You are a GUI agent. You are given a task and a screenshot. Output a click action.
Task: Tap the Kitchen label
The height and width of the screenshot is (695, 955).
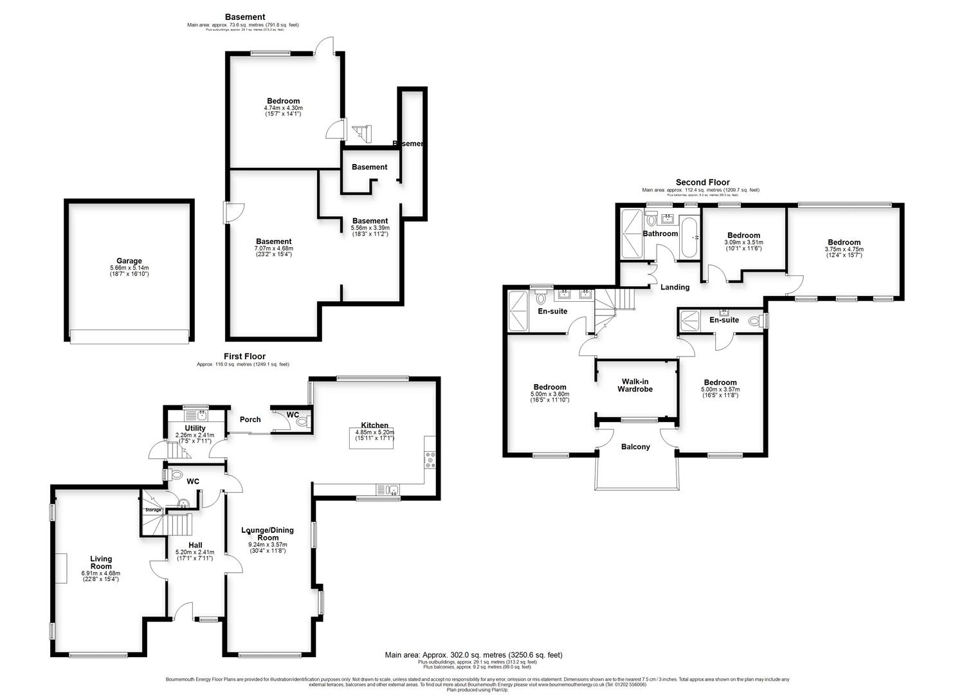374,425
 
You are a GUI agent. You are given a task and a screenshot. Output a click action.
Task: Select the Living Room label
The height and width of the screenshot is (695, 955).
100,559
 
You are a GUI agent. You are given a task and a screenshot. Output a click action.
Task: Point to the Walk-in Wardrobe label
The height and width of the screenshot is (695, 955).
635,385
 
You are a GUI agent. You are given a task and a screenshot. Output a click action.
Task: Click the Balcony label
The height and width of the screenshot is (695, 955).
635,447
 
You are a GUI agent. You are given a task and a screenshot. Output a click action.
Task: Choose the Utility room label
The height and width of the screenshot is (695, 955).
195,428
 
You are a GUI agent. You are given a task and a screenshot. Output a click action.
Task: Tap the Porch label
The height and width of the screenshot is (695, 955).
250,420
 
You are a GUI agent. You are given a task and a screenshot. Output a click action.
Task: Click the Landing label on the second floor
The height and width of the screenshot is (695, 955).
675,287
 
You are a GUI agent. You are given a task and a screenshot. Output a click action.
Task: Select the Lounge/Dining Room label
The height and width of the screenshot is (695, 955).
268,534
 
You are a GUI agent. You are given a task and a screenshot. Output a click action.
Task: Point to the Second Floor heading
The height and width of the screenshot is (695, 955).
702,183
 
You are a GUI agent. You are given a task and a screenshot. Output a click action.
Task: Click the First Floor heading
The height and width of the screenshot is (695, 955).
244,357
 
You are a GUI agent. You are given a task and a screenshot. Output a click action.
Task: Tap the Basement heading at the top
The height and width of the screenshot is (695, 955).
244,17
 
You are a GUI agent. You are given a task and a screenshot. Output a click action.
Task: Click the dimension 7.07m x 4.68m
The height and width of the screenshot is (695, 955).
273,248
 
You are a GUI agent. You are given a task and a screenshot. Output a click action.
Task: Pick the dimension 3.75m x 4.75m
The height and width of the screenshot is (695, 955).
844,250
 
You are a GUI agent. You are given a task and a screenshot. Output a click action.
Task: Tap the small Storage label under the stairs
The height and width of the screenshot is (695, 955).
153,510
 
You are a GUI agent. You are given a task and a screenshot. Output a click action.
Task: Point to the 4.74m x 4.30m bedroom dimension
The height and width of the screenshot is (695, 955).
283,108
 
